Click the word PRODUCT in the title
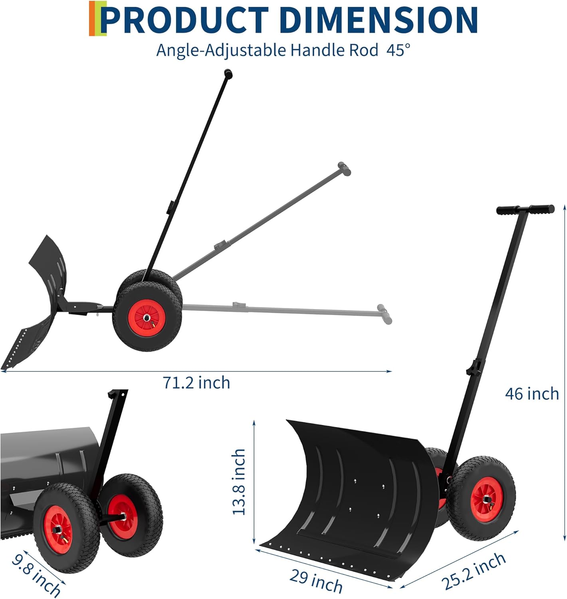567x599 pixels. tap(186, 20)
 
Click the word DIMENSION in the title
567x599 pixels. tap(379, 20)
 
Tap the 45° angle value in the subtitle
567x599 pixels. tap(398, 50)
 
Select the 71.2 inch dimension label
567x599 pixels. tap(196, 383)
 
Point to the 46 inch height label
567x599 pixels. tap(532, 393)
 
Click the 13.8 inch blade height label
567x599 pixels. tap(239, 482)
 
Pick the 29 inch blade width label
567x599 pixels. tap(316, 581)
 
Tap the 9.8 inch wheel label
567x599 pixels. tap(36, 574)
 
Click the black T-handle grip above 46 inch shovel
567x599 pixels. tap(525, 210)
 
